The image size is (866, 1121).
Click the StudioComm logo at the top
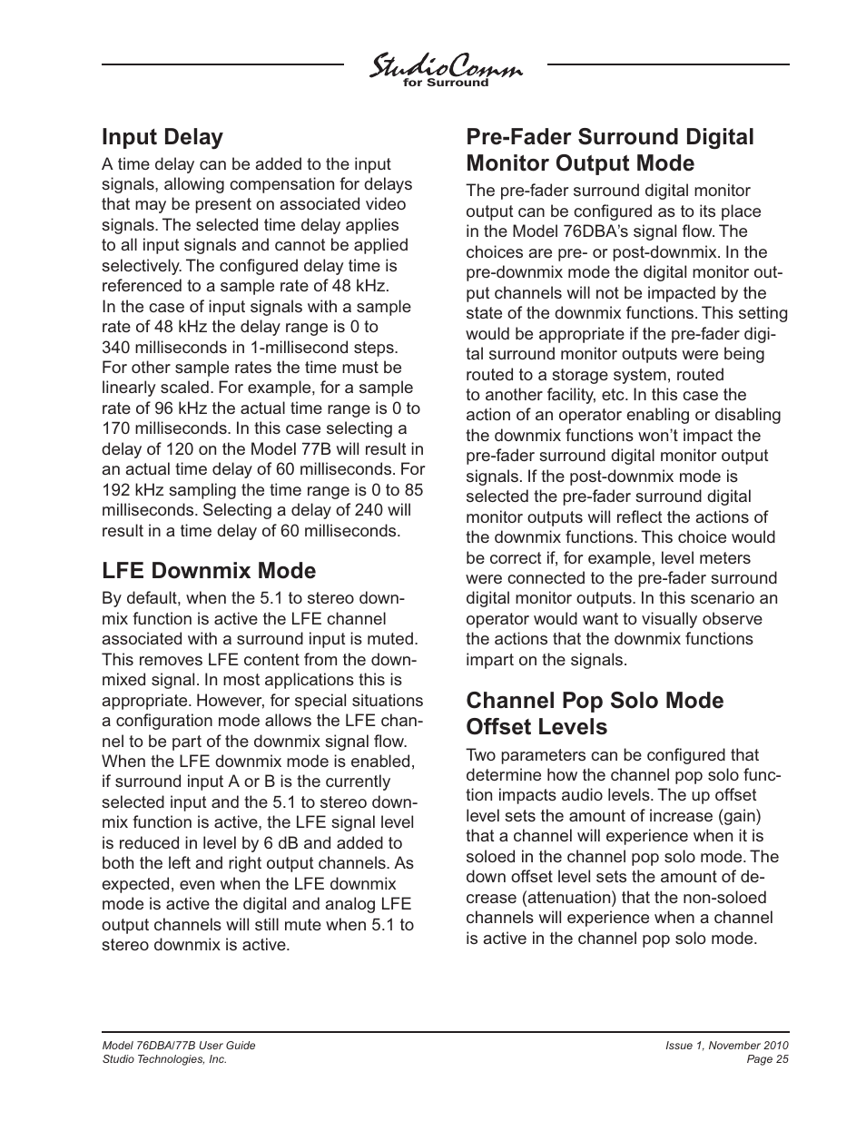tap(445, 68)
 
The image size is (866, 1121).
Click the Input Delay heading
tap(162, 137)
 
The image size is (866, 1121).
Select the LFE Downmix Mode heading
tap(209, 571)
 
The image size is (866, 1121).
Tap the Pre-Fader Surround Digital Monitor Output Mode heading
tap(609, 150)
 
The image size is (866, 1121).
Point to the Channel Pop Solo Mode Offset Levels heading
tap(595, 713)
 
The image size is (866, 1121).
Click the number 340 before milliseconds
tap(115, 348)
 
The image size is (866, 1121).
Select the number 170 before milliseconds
tap(115, 428)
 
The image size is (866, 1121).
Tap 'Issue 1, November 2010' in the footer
tap(726, 1046)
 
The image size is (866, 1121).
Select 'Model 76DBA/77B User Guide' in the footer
tap(179, 1046)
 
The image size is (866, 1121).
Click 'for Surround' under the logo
tap(446, 84)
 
